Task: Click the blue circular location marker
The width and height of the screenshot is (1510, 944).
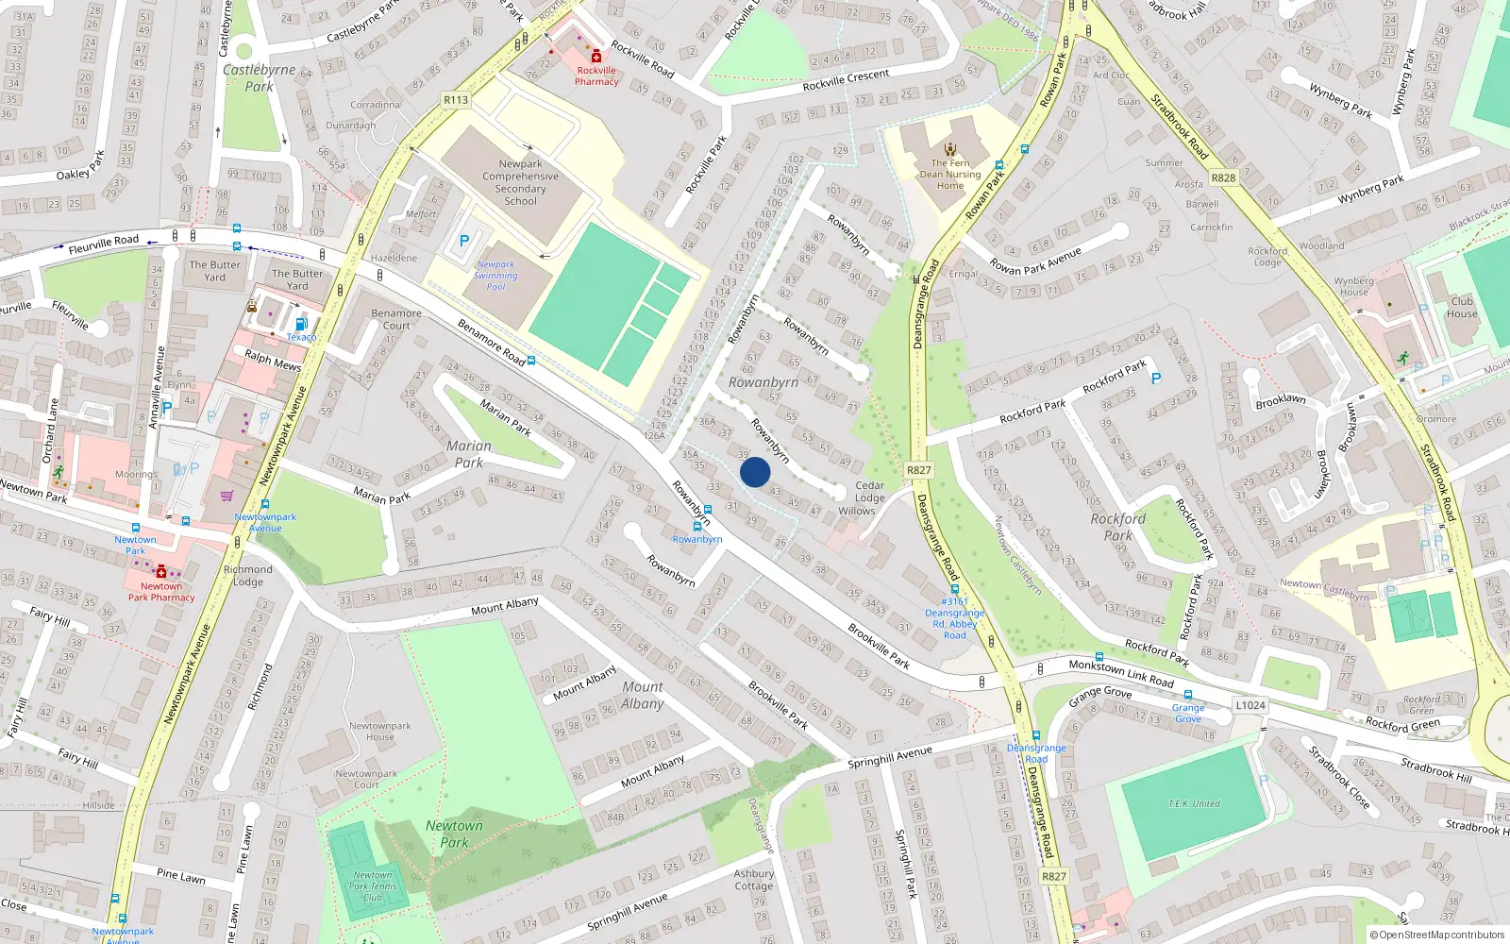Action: pyautogui.click(x=755, y=472)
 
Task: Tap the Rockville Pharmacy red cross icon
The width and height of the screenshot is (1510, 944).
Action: pyautogui.click(x=596, y=57)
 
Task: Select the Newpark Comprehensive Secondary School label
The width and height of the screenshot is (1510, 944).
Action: pyautogui.click(x=520, y=182)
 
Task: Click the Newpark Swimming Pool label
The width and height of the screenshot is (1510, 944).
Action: pyautogui.click(x=495, y=276)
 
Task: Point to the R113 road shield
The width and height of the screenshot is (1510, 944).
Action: pyautogui.click(x=456, y=99)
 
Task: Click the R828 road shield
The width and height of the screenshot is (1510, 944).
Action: pyautogui.click(x=1223, y=177)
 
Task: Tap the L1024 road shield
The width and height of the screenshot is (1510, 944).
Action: pyautogui.click(x=1250, y=705)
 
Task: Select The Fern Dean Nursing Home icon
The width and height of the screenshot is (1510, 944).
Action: pyautogui.click(x=950, y=148)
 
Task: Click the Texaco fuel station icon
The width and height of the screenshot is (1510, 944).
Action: pyautogui.click(x=301, y=324)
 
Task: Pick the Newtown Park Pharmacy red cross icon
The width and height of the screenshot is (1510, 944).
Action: pyautogui.click(x=161, y=572)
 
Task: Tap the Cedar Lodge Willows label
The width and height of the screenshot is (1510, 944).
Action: pyautogui.click(x=868, y=497)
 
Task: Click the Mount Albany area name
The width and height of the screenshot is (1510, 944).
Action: pyautogui.click(x=643, y=695)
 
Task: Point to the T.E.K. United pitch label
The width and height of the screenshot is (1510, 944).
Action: pyautogui.click(x=1194, y=803)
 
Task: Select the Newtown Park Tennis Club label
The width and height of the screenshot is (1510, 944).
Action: pyautogui.click(x=373, y=885)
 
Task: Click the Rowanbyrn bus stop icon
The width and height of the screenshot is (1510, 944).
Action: pyautogui.click(x=697, y=527)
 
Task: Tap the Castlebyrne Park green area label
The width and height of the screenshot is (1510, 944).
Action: pyautogui.click(x=260, y=77)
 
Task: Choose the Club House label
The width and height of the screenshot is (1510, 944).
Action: pyautogui.click(x=1462, y=307)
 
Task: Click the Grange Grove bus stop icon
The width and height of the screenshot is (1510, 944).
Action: pyautogui.click(x=1187, y=695)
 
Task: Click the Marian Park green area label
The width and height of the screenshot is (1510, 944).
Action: pyautogui.click(x=469, y=454)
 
